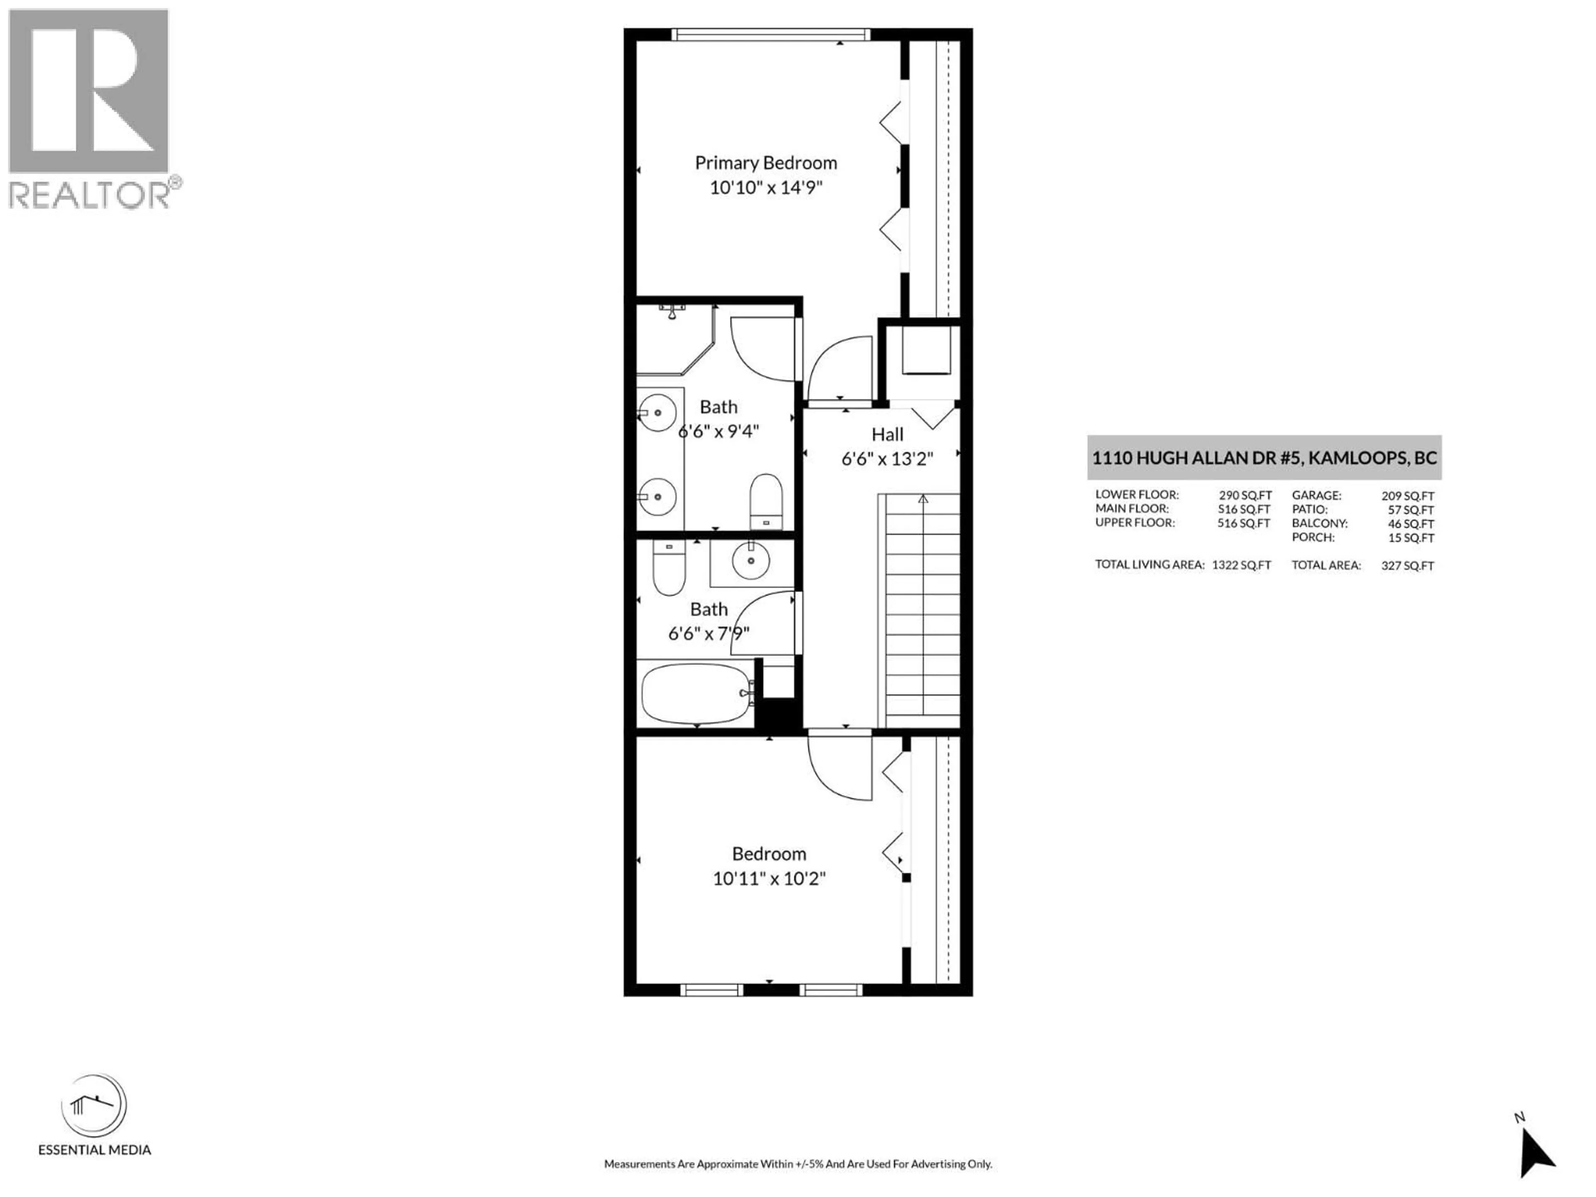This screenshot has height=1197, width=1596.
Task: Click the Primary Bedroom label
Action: tap(766, 163)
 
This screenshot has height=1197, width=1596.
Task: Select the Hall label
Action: tap(887, 434)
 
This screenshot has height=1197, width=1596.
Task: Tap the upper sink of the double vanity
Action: tap(657, 413)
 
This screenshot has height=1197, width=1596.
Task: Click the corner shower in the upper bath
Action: tap(671, 339)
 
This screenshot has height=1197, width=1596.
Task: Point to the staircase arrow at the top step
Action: tap(923, 498)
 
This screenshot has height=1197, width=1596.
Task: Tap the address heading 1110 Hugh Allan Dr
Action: tap(1264, 458)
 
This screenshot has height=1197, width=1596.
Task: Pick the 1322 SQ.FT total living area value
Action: tap(1241, 565)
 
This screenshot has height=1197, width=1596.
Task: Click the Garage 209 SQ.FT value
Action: tap(1407, 496)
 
